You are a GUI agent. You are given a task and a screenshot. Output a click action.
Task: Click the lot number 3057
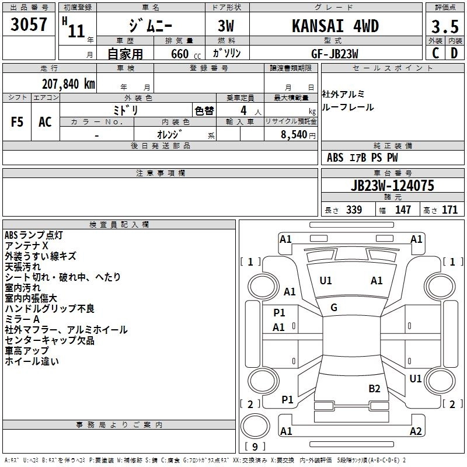pyautogui.click(x=29, y=26)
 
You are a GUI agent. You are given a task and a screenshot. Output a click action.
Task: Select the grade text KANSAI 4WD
pyautogui.click(x=334, y=26)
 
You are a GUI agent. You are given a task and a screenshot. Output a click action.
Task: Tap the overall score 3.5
pyautogui.click(x=444, y=27)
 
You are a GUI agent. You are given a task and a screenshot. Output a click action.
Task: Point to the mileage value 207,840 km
pyautogui.click(x=68, y=83)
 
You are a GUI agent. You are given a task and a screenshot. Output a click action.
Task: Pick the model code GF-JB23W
pyautogui.click(x=334, y=53)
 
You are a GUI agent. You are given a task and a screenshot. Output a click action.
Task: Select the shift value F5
pyautogui.click(x=18, y=122)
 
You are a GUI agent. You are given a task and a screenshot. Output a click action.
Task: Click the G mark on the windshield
pyautogui.click(x=334, y=308)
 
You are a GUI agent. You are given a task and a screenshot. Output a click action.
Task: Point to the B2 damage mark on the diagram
pyautogui.click(x=374, y=388)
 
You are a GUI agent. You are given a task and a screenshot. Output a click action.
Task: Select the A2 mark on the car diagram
pyautogui.click(x=416, y=431)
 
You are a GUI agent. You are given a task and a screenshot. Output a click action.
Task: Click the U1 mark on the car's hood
pyautogui.click(x=326, y=281)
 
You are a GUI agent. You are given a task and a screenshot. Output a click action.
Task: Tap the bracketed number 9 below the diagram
pyautogui.click(x=254, y=447)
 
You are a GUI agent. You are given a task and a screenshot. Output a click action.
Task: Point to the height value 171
pyautogui.click(x=449, y=210)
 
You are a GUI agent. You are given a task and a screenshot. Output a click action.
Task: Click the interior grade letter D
pyautogui.click(x=454, y=53)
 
